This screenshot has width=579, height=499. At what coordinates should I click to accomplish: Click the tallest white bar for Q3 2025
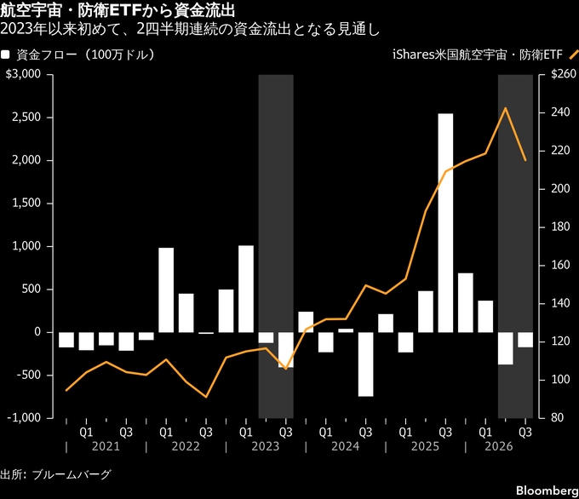point(445,223)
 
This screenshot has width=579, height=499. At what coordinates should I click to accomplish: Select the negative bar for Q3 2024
point(365,364)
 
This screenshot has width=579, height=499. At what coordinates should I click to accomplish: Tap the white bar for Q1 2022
point(166,290)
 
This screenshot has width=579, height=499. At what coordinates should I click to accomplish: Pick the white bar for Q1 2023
point(246,289)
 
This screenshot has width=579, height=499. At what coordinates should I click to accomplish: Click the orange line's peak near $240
point(505,108)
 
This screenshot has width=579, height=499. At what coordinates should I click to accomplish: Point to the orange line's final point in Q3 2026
point(525,160)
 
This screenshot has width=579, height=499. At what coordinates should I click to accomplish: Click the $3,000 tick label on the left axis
point(23,74)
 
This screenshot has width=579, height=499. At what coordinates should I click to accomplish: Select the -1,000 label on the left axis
point(24,417)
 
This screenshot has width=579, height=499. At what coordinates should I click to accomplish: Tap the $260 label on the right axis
point(564,74)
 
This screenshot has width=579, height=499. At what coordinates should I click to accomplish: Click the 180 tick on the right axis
point(560,227)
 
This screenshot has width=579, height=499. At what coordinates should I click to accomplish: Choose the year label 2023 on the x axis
point(266,446)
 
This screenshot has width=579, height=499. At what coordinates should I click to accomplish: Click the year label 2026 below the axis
point(499,446)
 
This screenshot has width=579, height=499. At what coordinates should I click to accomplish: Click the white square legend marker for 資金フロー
point(5,55)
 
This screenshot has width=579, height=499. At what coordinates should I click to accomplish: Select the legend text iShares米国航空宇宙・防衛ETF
point(477,54)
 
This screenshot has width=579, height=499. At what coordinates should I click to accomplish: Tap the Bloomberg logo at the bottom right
point(547,490)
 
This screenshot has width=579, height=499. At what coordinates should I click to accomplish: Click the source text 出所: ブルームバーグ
point(55,474)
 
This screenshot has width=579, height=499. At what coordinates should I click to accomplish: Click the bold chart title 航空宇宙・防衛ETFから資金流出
point(118,11)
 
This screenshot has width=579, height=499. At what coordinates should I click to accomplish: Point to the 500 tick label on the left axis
point(31,289)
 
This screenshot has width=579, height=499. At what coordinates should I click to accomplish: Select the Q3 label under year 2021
point(126,432)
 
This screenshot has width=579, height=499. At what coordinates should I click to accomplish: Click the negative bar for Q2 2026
point(505,348)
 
